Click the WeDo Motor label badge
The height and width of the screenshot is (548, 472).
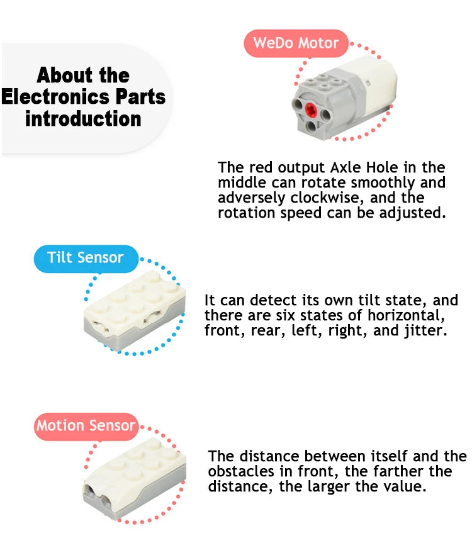tap(296, 43)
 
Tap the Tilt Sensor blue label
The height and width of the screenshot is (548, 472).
tap(86, 259)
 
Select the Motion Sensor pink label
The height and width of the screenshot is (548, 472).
tap(86, 427)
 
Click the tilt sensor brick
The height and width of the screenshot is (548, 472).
tap(135, 310)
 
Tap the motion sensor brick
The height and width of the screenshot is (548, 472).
tap(134, 478)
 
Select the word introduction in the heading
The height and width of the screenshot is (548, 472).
tap(83, 119)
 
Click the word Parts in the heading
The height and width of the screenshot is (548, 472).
tap(140, 97)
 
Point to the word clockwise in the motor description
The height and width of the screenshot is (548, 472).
tap(327, 198)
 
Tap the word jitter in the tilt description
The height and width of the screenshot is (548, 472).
tap(426, 330)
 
